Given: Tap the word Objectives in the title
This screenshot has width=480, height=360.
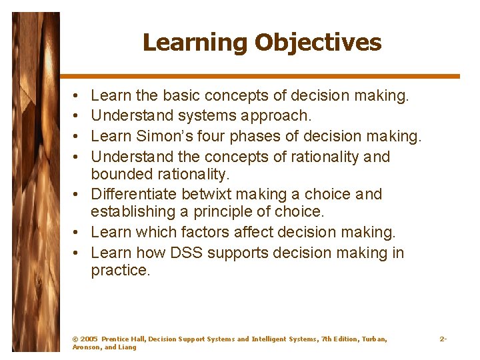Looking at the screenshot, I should tap(317, 43).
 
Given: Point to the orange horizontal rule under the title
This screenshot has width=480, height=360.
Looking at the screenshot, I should tap(260, 76).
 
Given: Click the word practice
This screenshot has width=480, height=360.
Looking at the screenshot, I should tap(120, 270).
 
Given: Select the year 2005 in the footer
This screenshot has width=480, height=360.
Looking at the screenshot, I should tap(88, 339).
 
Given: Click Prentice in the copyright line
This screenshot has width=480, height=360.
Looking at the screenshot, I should tap(117, 339).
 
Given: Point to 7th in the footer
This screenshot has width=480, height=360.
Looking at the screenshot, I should tap(329, 339).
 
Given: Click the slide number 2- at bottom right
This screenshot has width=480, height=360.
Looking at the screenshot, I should tap(443, 339).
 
